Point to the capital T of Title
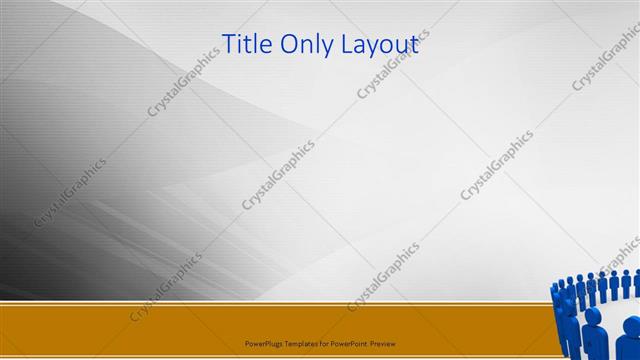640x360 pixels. (228, 43)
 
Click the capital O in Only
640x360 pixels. (289, 43)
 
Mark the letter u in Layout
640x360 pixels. (400, 45)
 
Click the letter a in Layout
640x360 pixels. (365, 45)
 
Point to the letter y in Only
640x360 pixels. (326, 47)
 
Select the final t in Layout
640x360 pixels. (413, 44)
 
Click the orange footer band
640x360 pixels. (150, 325)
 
